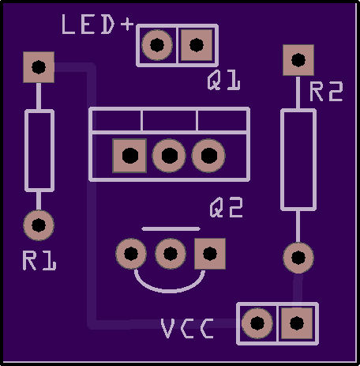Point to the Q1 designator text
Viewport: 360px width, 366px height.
point(223,80)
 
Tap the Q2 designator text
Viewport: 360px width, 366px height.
point(227,208)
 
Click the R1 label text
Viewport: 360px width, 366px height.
point(39,260)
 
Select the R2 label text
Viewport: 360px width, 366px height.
point(326,92)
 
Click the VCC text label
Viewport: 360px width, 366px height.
point(187,328)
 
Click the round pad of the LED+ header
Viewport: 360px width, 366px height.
point(157,45)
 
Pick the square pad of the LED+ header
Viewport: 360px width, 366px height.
point(197,45)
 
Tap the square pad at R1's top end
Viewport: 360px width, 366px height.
point(39,67)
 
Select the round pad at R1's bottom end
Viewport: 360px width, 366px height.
point(39,225)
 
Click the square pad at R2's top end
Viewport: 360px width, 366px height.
point(298,60)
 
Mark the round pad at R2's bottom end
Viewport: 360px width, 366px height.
point(298,258)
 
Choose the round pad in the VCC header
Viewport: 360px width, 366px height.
point(257,323)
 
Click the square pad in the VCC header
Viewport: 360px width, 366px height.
point(297,323)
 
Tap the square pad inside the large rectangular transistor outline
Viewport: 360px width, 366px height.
point(129,156)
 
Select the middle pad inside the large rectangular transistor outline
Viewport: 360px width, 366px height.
point(169,156)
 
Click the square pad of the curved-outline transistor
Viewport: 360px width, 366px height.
point(210,254)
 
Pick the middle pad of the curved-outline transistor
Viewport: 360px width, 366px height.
point(171,254)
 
